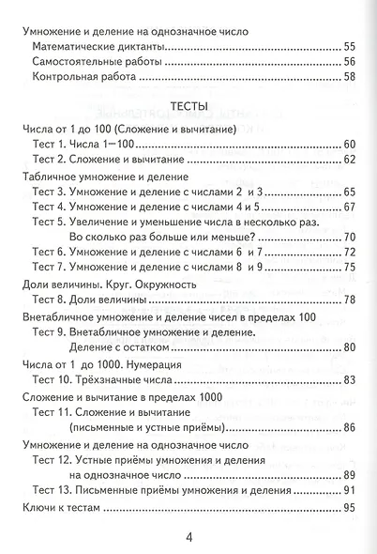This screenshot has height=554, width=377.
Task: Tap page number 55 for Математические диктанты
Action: pyautogui.click(x=350, y=46)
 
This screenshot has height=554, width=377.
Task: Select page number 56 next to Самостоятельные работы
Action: pyautogui.click(x=350, y=62)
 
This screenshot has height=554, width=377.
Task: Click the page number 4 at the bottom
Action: pyautogui.click(x=188, y=537)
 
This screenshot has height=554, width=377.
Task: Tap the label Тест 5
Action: pyautogui.click(x=49, y=221)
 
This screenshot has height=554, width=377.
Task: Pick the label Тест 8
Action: pyautogui.click(x=49, y=300)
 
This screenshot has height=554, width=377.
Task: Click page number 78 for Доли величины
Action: pyautogui.click(x=350, y=300)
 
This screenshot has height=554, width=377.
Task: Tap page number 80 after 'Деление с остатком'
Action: pyautogui.click(x=350, y=347)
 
